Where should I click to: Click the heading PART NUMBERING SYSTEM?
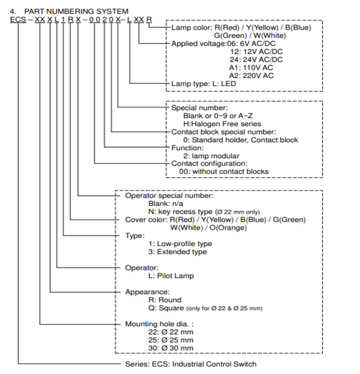pos(76,11)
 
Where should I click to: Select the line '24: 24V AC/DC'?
pos(256,59)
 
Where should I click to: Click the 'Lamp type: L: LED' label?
pos(204,84)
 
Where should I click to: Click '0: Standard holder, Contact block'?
pos(240,140)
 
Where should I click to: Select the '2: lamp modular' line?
pos(211,156)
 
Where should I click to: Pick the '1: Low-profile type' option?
pos(180,244)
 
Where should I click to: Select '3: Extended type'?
pos(177,252)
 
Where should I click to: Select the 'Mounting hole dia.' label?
pos(157,323)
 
